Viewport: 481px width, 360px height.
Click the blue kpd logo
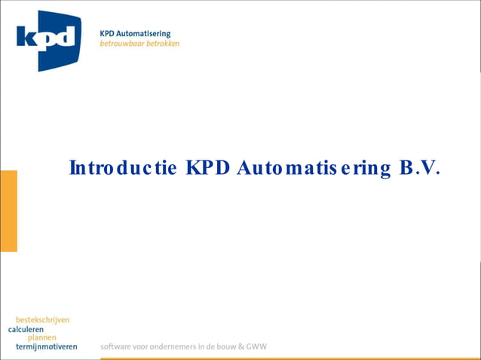[x=48, y=40]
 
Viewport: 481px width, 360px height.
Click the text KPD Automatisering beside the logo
[x=135, y=34]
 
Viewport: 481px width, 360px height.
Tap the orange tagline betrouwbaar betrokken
[x=139, y=44]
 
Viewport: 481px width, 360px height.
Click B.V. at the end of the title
[x=418, y=167]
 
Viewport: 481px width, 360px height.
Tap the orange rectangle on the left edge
[x=8, y=211]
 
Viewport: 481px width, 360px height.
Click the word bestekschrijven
[x=42, y=320]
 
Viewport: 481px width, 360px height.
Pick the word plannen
[x=43, y=338]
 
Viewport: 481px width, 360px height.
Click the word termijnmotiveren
[x=46, y=347]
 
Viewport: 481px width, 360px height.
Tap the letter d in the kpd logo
[x=66, y=37]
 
